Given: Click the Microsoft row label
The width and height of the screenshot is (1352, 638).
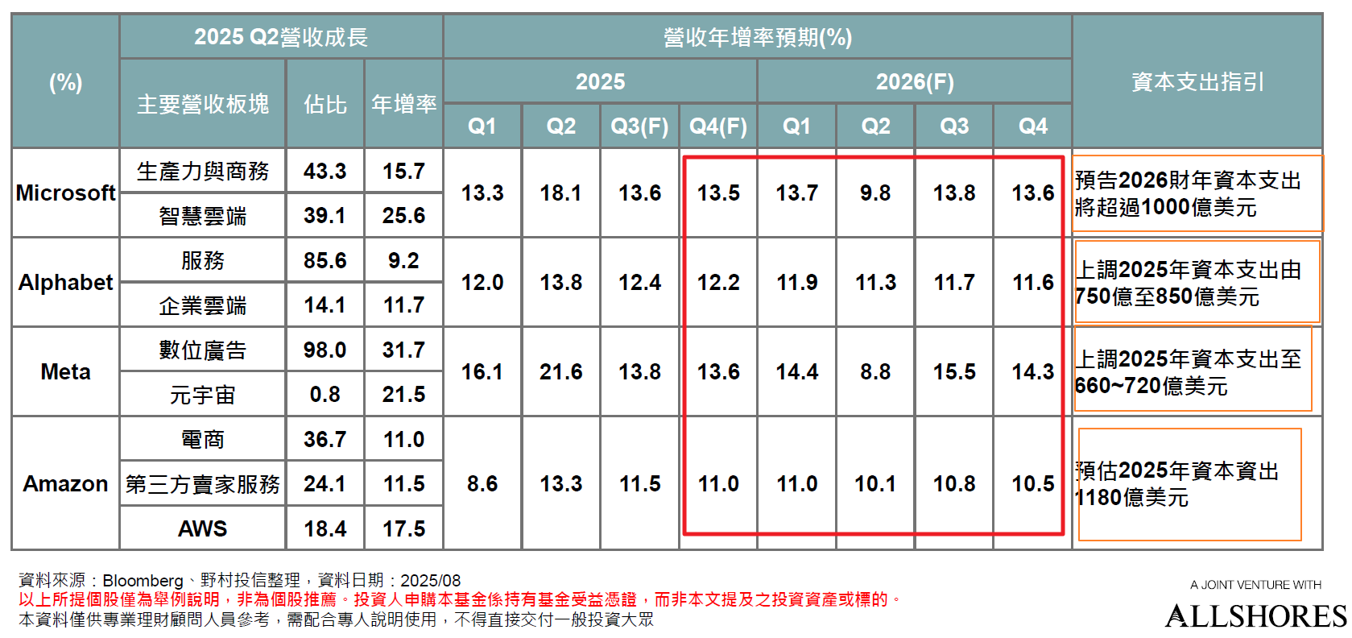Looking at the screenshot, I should (65, 193).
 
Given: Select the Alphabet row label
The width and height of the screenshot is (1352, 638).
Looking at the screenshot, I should (65, 283).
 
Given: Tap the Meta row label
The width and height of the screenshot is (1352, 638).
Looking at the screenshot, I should (65, 372).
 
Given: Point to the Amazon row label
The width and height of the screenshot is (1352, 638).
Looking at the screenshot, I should (65, 484).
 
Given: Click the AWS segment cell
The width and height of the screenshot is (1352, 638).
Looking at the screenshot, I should (202, 529).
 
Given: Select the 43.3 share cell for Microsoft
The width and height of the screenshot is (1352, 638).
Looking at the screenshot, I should (325, 172).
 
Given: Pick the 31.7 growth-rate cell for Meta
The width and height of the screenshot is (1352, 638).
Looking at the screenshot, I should (403, 350).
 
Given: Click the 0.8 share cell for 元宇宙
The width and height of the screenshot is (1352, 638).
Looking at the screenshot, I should (325, 395).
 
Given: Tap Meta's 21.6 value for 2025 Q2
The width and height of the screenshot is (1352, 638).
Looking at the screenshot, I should (560, 372).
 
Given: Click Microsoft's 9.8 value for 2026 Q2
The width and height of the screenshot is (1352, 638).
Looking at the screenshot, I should (875, 193).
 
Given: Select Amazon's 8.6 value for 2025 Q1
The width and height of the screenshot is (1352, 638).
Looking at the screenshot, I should (482, 484).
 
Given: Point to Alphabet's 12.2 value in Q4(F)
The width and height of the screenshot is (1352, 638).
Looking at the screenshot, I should (718, 283).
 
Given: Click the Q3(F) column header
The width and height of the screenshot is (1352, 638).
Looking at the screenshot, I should (639, 126).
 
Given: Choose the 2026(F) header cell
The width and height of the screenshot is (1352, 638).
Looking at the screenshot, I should (914, 82).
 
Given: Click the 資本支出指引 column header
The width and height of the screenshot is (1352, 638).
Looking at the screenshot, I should (1197, 82).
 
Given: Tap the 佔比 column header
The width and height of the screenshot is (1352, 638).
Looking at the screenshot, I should (325, 105).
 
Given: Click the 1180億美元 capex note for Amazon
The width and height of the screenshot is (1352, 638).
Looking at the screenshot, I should (1178, 484).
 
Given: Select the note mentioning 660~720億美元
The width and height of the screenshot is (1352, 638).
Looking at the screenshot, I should (1189, 372).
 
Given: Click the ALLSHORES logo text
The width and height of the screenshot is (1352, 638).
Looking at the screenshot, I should (1255, 617).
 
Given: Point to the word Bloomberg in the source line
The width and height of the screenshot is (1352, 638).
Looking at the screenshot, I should (143, 581).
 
